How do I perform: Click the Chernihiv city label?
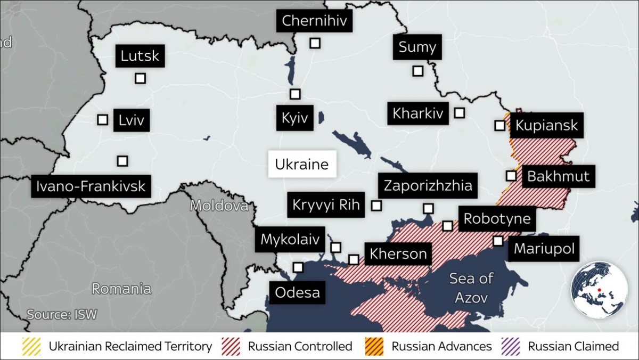point(314,21)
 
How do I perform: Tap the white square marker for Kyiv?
point(295,94)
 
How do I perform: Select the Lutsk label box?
point(140,56)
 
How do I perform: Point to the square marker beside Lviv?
point(103,120)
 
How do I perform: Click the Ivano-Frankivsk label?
point(91,186)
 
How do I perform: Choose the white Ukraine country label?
point(302,165)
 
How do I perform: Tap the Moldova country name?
point(219,206)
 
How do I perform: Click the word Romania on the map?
point(121,289)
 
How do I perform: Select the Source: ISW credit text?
point(62,314)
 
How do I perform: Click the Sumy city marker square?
point(418,71)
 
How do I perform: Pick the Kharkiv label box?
point(418,113)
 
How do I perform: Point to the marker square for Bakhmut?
point(511,176)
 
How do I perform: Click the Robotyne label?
point(497,219)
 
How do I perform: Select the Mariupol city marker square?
point(498,241)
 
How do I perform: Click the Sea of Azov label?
point(471,288)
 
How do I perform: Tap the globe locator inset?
point(599,290)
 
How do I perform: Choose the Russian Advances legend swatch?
point(374,347)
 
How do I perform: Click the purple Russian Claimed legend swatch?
point(511,347)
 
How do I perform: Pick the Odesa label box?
point(297,292)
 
